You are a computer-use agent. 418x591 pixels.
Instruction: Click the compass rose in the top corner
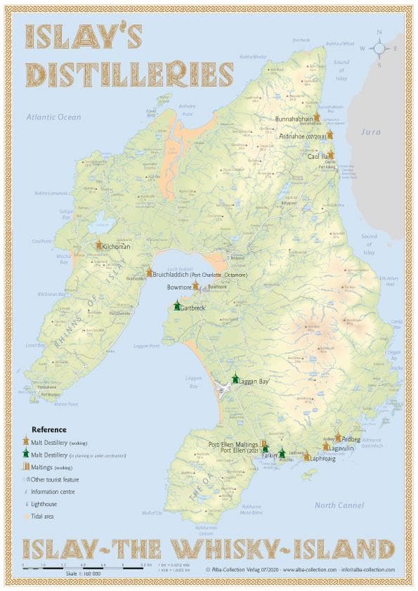coord(379,48)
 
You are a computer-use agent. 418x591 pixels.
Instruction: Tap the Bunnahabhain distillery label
coord(294,119)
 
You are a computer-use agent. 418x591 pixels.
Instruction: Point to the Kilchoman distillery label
coord(116,247)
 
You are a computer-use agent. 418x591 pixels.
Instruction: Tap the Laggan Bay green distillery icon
coord(235,379)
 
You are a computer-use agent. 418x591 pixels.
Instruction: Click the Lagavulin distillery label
coord(345,447)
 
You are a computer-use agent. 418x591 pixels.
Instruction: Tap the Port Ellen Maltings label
coord(234,444)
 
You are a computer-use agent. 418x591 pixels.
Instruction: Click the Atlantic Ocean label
coord(54,117)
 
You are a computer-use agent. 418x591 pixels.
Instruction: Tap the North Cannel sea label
coord(339,505)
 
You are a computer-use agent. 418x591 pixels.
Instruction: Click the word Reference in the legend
coord(49,429)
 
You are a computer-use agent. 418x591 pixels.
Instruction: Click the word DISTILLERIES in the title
coord(130,74)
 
